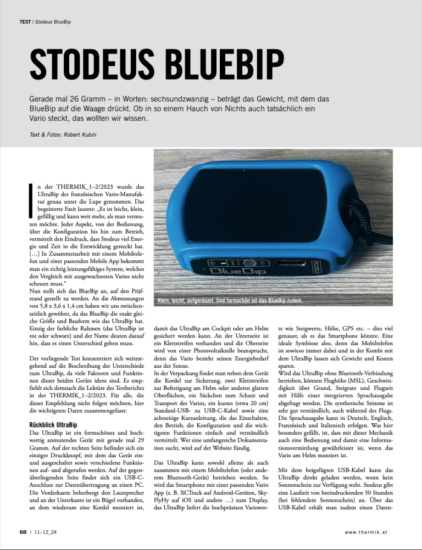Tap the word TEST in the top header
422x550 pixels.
coord(24,23)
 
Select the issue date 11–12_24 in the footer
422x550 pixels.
coord(46,532)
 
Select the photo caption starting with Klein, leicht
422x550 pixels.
coord(230,301)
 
